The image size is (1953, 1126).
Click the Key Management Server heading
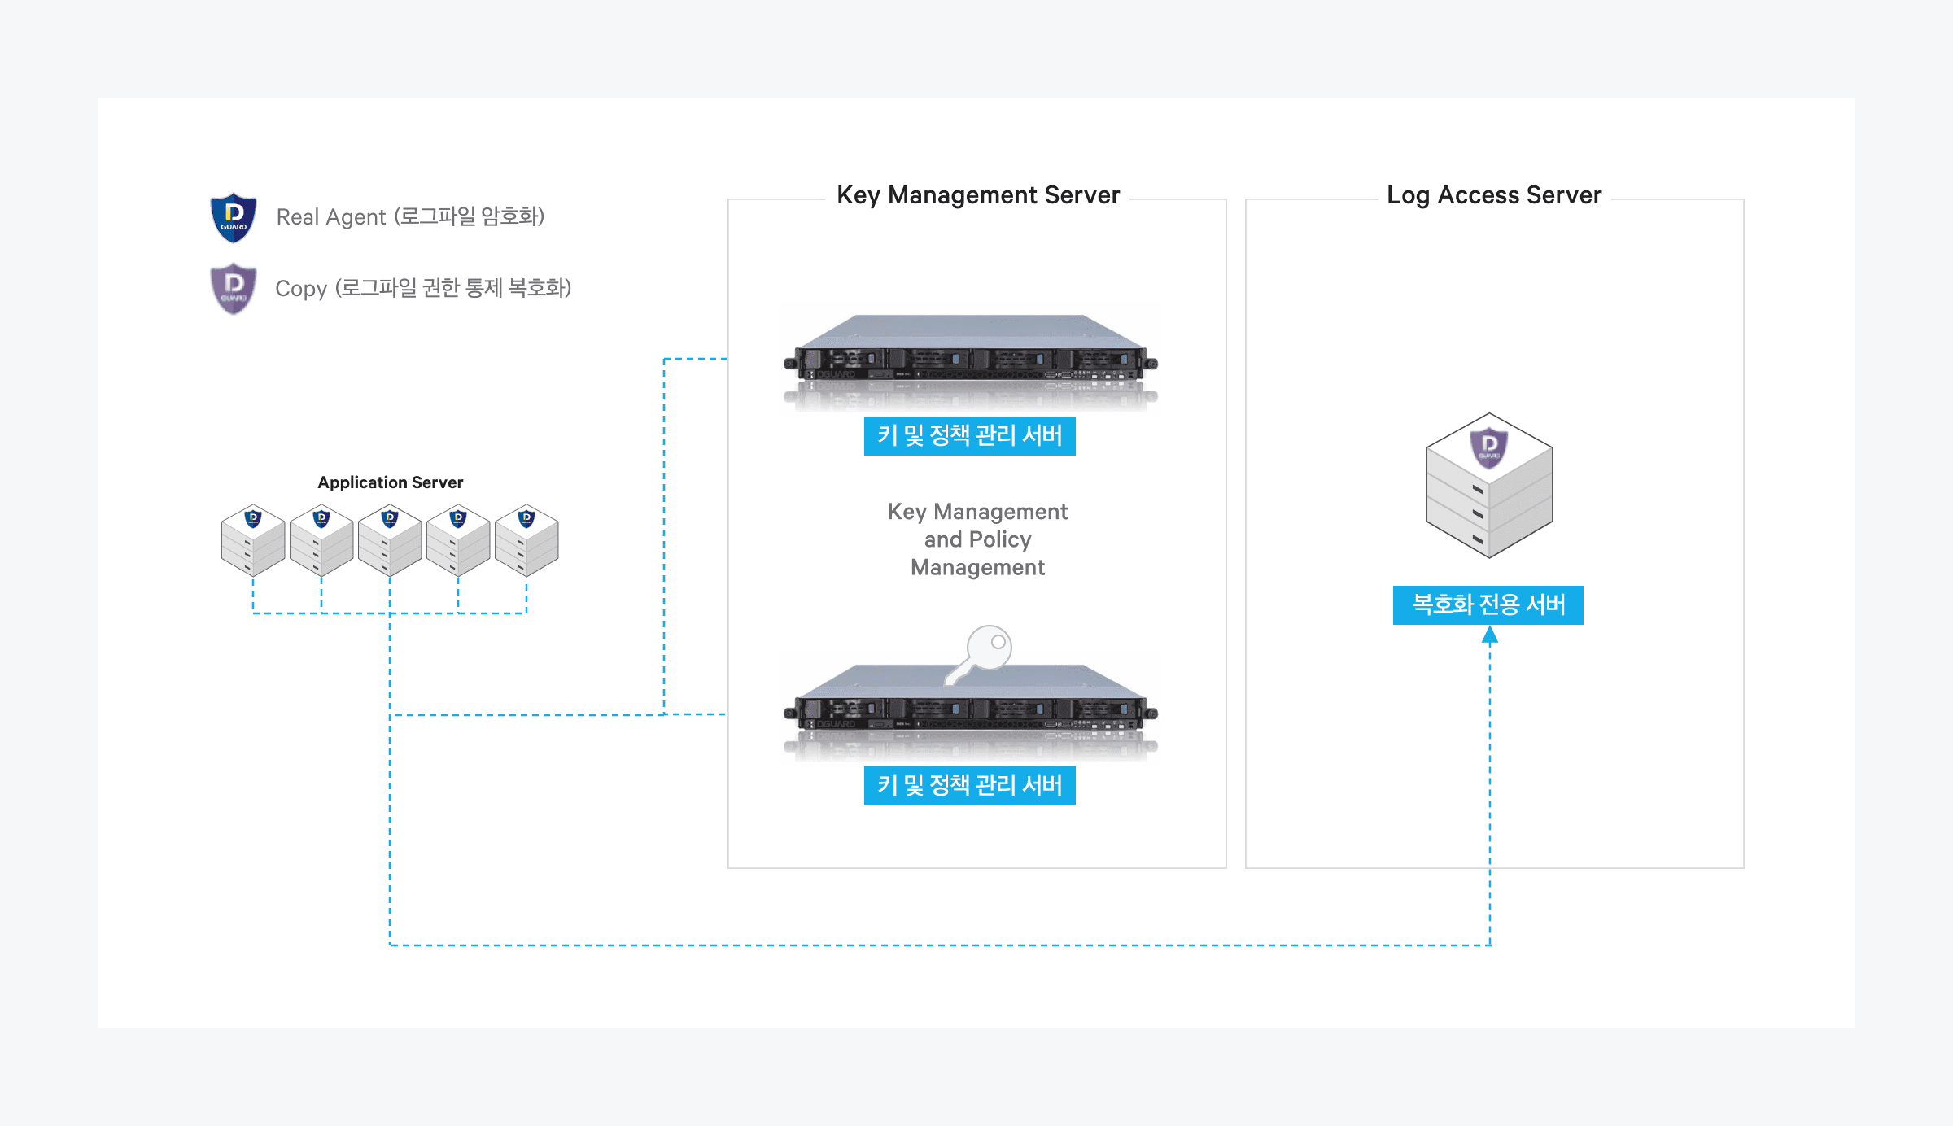(978, 195)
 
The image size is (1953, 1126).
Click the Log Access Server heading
(1494, 195)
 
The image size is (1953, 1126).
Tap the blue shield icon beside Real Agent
(234, 217)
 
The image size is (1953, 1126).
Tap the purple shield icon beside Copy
(234, 288)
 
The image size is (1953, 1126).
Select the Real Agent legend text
(410, 216)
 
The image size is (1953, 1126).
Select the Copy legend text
(423, 288)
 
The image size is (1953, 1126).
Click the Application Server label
(391, 482)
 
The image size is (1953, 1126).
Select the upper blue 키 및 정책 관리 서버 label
(970, 436)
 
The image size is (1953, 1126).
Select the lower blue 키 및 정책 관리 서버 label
(970, 786)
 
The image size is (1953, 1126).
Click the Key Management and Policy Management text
(977, 539)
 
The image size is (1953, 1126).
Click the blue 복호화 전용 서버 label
(1488, 605)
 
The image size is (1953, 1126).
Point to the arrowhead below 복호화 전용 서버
(1490, 635)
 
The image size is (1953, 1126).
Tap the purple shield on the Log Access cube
(1489, 447)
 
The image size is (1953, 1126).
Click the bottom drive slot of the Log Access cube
(1478, 539)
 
